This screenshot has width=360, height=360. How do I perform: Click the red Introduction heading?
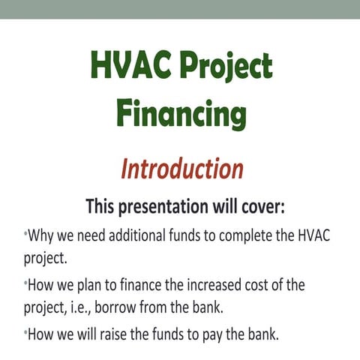click(181, 169)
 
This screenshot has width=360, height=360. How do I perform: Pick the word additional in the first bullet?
click(135, 236)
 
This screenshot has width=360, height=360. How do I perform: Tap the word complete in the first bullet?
click(247, 236)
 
